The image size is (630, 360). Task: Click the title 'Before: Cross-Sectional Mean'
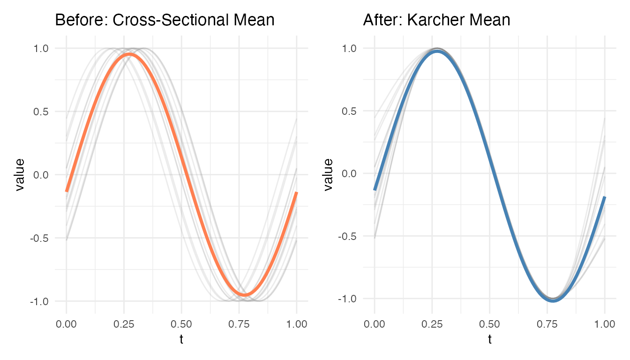(x=165, y=20)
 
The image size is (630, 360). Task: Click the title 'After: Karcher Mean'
(x=436, y=20)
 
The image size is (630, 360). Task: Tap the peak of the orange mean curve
(x=129, y=55)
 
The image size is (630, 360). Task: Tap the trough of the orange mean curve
(x=245, y=294)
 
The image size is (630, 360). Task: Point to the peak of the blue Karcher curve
(x=437, y=51)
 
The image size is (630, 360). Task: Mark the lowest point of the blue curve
(x=553, y=300)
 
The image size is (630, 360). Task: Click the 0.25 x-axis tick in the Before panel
(x=124, y=324)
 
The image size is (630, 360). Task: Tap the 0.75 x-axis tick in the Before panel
(x=239, y=324)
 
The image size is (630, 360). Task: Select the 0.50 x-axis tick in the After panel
(x=489, y=324)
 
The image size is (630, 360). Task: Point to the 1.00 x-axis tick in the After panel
(x=605, y=324)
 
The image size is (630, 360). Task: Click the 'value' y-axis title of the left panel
(x=20, y=175)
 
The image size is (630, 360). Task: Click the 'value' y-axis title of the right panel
(x=328, y=174)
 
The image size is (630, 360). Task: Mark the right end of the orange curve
(x=297, y=193)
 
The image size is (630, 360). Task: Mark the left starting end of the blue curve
(x=375, y=189)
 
